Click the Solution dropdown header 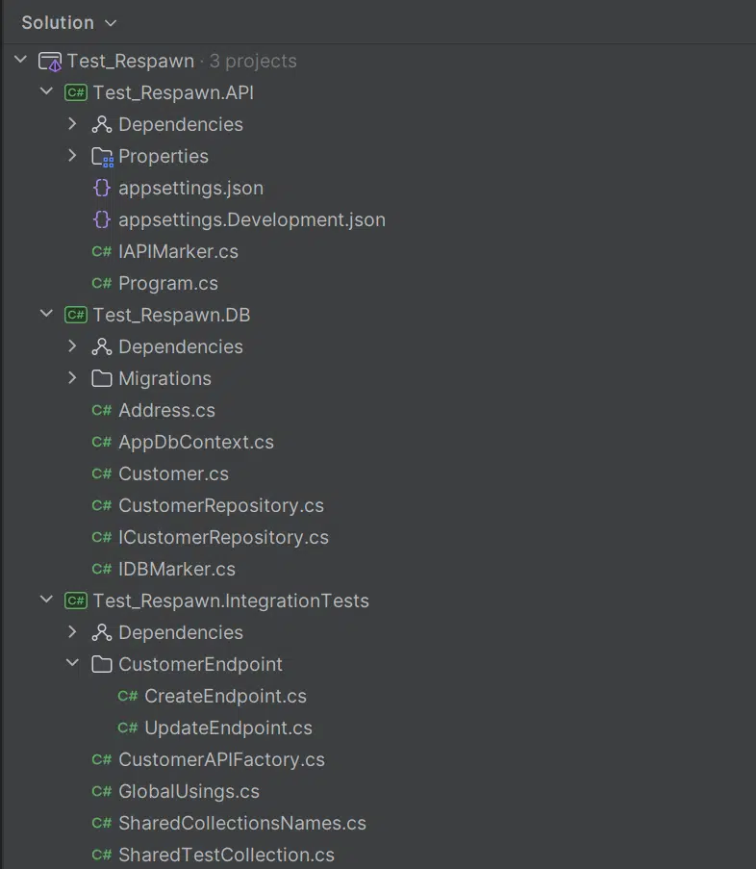point(68,22)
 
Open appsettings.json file point(190,188)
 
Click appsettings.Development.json point(251,219)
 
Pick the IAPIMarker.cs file point(178,251)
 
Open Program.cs point(167,283)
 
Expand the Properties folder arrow point(72,156)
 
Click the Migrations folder point(164,378)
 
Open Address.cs point(166,410)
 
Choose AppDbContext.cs point(195,442)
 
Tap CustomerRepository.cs point(220,505)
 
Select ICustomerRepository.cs point(223,537)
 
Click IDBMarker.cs point(176,569)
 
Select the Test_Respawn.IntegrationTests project point(230,601)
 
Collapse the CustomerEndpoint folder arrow point(72,664)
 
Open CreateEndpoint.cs point(225,696)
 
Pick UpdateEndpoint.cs point(228,728)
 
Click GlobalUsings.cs point(189,791)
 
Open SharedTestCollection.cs point(226,855)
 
